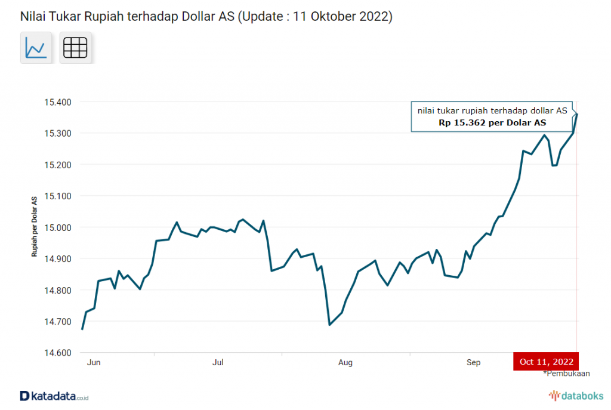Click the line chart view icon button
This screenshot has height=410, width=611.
pyautogui.click(x=36, y=47)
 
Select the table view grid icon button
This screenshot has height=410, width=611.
pyautogui.click(x=75, y=47)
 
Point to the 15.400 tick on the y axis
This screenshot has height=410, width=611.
pyautogui.click(x=58, y=102)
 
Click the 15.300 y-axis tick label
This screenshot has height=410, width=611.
pyautogui.click(x=58, y=133)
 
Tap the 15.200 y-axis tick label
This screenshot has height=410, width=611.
pyautogui.click(x=58, y=165)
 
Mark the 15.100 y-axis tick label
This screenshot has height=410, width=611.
pyautogui.click(x=58, y=196)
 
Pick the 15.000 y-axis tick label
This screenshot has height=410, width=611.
pyautogui.click(x=58, y=227)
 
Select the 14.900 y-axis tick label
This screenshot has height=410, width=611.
pyautogui.click(x=58, y=259)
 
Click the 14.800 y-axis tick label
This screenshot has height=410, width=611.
pyautogui.click(x=58, y=290)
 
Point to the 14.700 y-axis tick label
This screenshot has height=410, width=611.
pyautogui.click(x=58, y=322)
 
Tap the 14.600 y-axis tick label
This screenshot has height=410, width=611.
pyautogui.click(x=58, y=353)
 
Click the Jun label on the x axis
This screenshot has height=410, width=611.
pyautogui.click(x=92, y=362)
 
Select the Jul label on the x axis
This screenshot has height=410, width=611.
pyautogui.click(x=218, y=362)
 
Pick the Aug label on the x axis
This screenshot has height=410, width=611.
pyautogui.click(x=345, y=362)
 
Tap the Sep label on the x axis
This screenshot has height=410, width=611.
pyautogui.click(x=473, y=362)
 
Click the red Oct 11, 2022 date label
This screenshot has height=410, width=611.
pyautogui.click(x=546, y=362)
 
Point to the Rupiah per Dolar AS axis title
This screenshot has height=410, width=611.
pyautogui.click(x=35, y=226)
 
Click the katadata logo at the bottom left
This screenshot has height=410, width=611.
pyautogui.click(x=54, y=396)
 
